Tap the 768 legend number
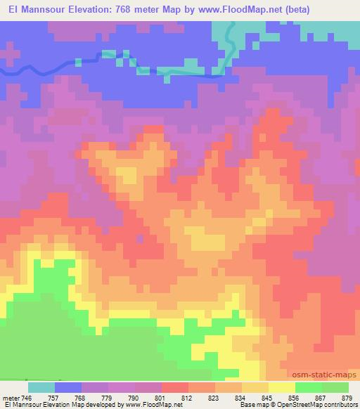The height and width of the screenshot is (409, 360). click(x=81, y=398)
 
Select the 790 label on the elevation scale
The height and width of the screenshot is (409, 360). click(x=134, y=398)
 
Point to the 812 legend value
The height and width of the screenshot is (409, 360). click(x=187, y=398)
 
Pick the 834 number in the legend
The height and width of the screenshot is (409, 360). click(x=240, y=398)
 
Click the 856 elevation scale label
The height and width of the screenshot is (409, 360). click(x=294, y=398)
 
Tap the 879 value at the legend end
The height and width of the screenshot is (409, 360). click(x=347, y=398)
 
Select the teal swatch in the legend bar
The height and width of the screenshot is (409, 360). click(x=41, y=387)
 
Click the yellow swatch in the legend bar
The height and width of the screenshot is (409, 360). click(x=281, y=387)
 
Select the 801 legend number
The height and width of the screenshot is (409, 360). click(x=161, y=398)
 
